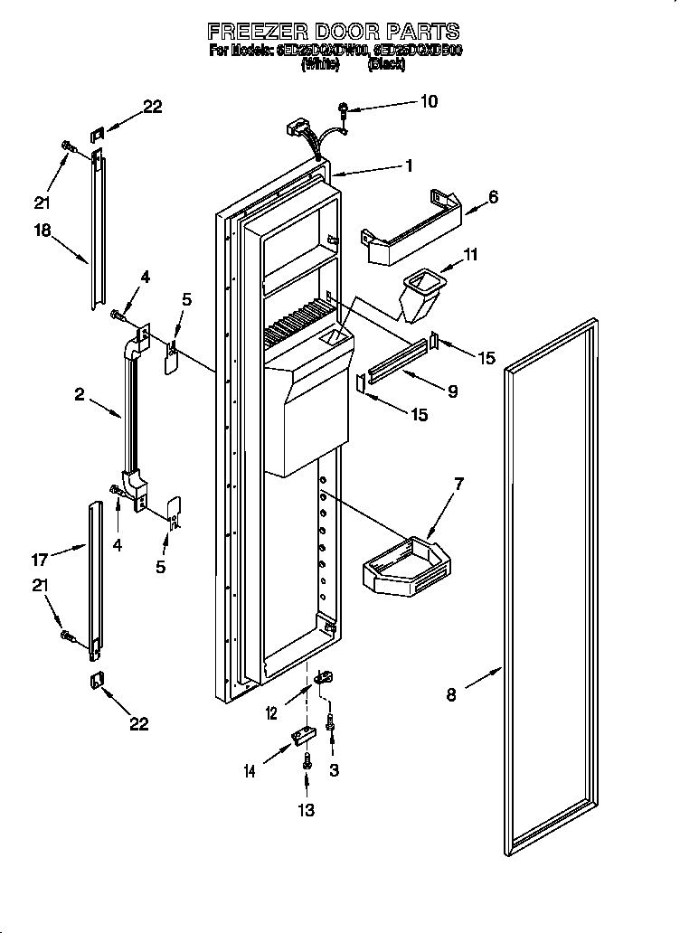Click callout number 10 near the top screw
tap(428, 101)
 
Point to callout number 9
tap(451, 391)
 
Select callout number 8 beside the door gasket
tap(451, 694)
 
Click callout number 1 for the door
tap(409, 165)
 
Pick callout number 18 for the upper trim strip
tap(42, 231)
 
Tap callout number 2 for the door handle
tap(80, 394)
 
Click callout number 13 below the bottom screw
tap(307, 810)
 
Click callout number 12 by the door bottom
tap(272, 714)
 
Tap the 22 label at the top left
tap(152, 106)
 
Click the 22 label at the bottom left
tap(138, 723)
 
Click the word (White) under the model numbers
tap(320, 65)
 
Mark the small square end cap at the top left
tap(97, 135)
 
